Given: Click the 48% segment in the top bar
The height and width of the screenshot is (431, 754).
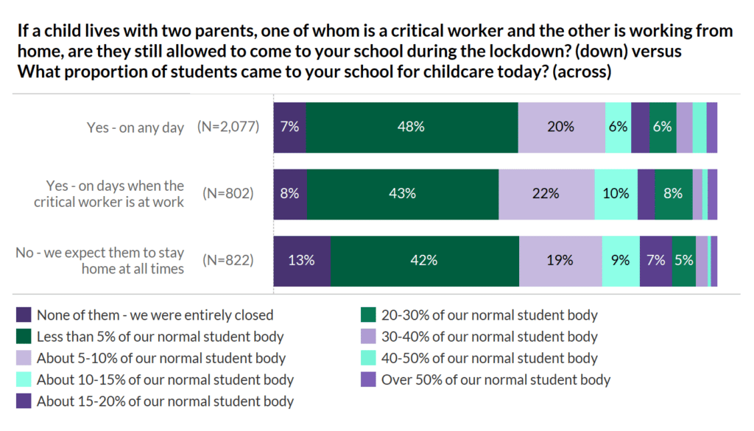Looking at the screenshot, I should click(x=412, y=127).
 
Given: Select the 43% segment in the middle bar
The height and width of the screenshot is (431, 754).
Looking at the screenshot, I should click(x=403, y=194).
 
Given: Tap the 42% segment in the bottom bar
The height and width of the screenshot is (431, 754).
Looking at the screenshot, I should click(x=425, y=261).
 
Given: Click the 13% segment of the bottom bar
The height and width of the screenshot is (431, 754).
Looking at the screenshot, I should click(x=302, y=261).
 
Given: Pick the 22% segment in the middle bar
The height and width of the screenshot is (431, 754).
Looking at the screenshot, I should click(x=546, y=194).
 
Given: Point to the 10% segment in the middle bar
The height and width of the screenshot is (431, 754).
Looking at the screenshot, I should click(x=616, y=194).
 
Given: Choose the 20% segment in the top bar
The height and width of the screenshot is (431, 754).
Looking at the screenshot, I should click(x=561, y=127).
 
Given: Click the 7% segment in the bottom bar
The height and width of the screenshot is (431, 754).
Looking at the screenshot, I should click(x=655, y=261).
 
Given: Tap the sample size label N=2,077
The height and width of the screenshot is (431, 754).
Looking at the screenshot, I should click(x=228, y=127).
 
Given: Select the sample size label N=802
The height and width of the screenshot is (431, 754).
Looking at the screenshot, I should click(x=228, y=194).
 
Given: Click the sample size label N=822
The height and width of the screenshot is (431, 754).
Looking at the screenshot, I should click(x=228, y=261).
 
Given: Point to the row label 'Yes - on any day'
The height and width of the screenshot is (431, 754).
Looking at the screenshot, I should click(x=135, y=127).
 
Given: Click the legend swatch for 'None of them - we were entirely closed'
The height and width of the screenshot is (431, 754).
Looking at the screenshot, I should click(x=24, y=315).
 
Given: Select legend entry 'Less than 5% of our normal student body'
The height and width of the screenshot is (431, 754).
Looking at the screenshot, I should click(x=160, y=337).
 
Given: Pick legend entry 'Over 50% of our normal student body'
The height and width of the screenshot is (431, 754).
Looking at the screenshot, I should click(x=496, y=380).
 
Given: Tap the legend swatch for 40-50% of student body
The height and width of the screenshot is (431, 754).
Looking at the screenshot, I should click(x=368, y=359).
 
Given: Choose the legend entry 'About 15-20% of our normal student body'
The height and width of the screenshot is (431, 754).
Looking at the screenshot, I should click(x=165, y=402).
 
